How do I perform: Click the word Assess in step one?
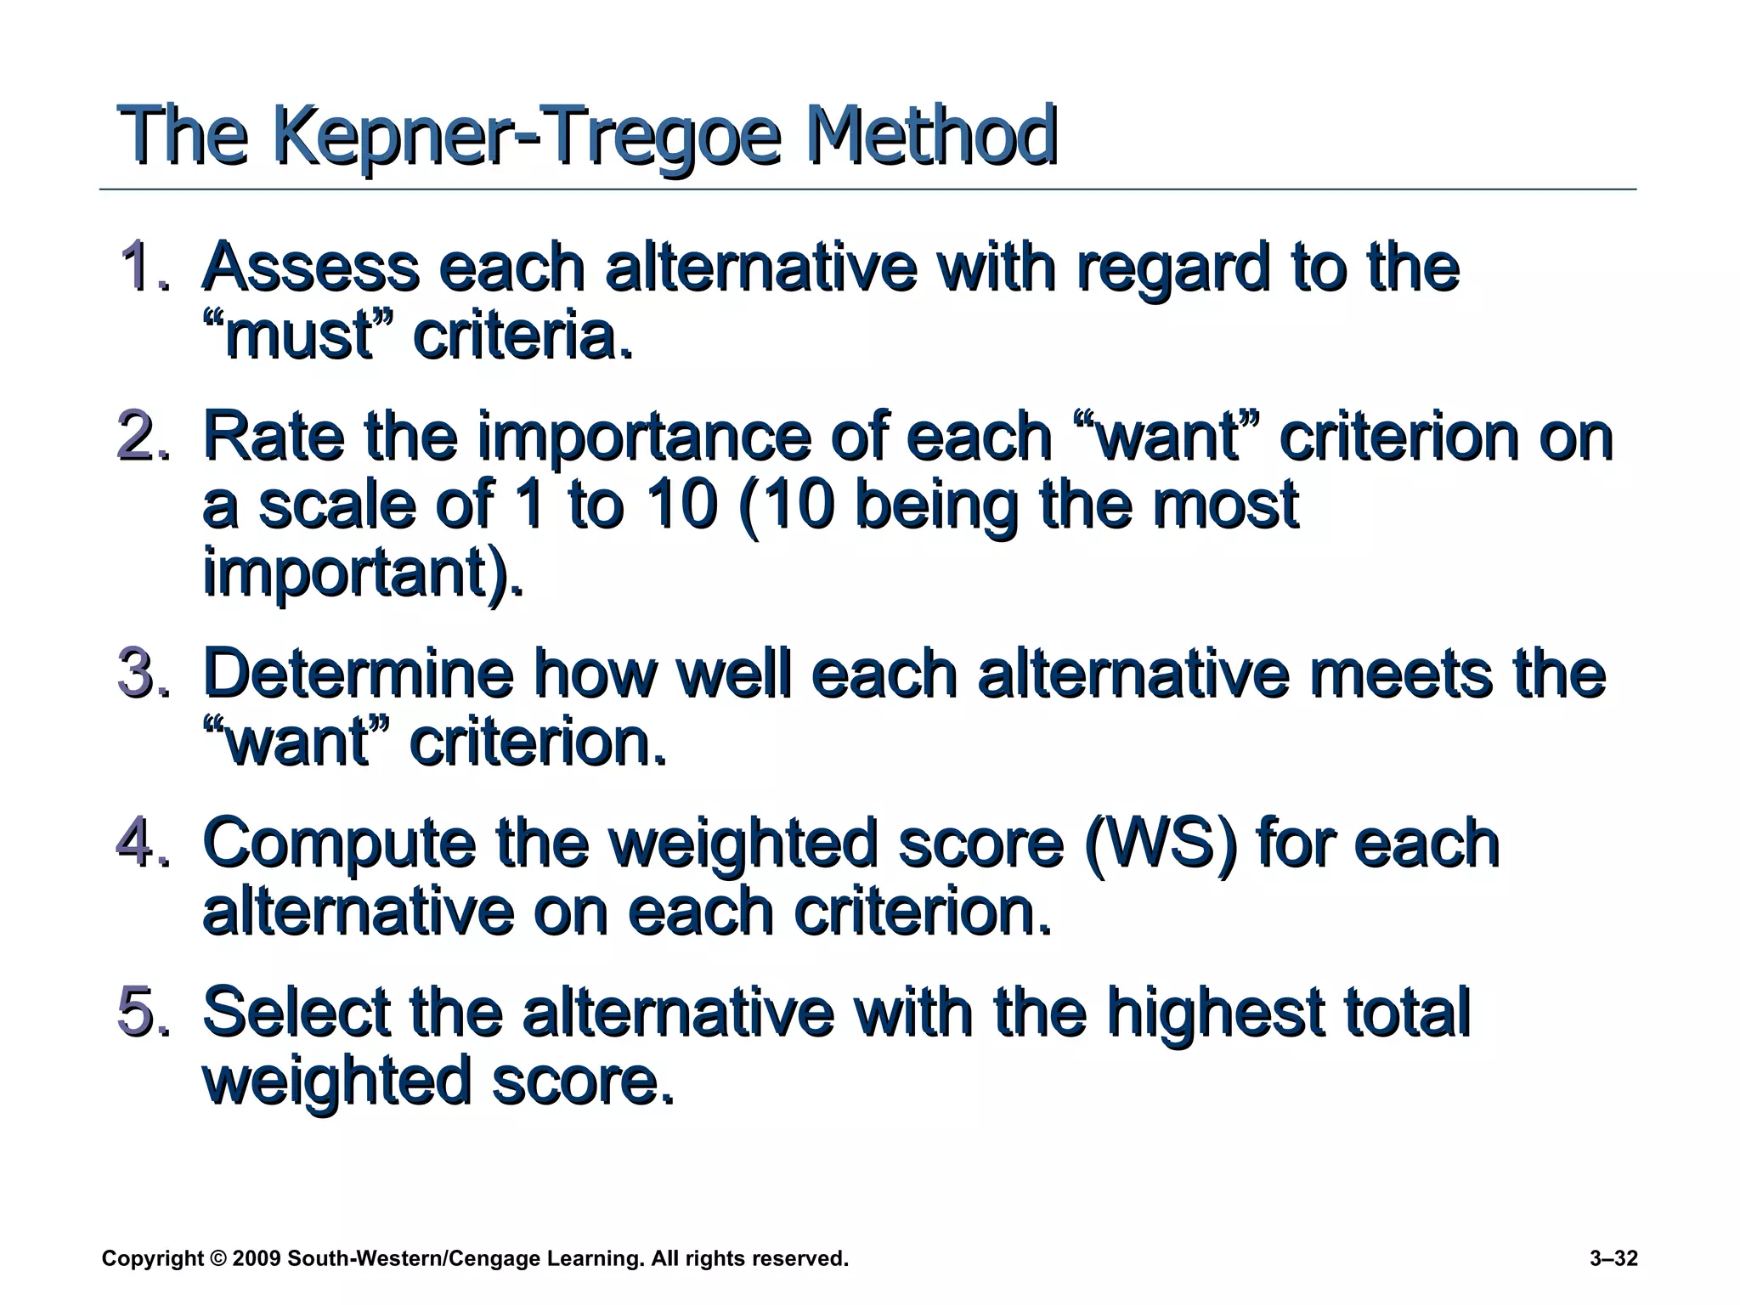coord(310,267)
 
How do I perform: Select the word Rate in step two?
coord(274,436)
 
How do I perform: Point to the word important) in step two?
coord(363,574)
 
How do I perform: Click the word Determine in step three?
coord(358,674)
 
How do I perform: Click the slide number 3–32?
coord(1613,1258)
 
